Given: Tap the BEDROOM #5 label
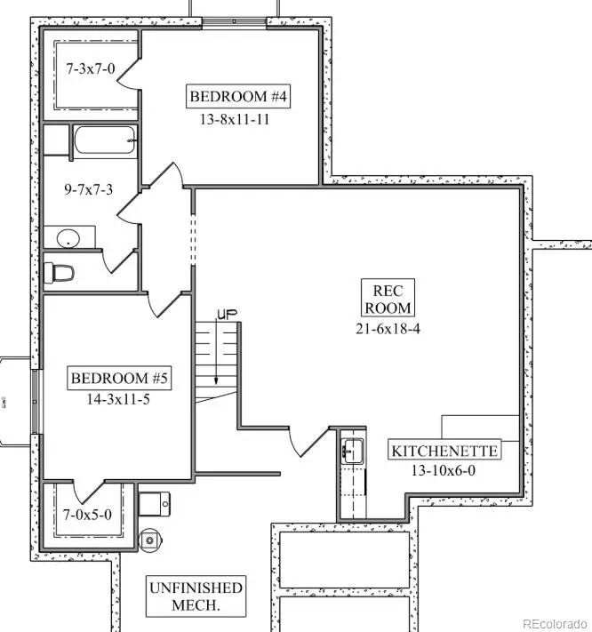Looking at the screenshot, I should [x=120, y=378].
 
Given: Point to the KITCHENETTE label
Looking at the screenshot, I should [x=444, y=451].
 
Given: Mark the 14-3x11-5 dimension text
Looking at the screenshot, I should [x=120, y=400].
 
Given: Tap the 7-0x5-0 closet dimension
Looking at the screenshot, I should [x=87, y=514].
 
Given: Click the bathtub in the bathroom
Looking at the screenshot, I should [x=104, y=140].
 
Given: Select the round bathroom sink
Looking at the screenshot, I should [x=68, y=238].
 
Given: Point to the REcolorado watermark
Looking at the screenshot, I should [x=553, y=622].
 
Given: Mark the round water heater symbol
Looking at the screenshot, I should [x=150, y=539].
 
